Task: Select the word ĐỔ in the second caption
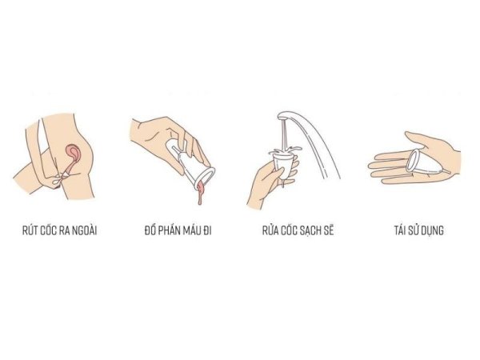click(x=150, y=230)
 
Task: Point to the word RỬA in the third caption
click(x=270, y=230)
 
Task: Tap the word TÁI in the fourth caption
click(x=401, y=230)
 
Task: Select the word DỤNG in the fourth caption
click(x=433, y=230)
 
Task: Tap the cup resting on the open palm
click(x=426, y=162)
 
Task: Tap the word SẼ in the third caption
click(x=329, y=230)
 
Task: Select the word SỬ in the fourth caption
click(x=414, y=230)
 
